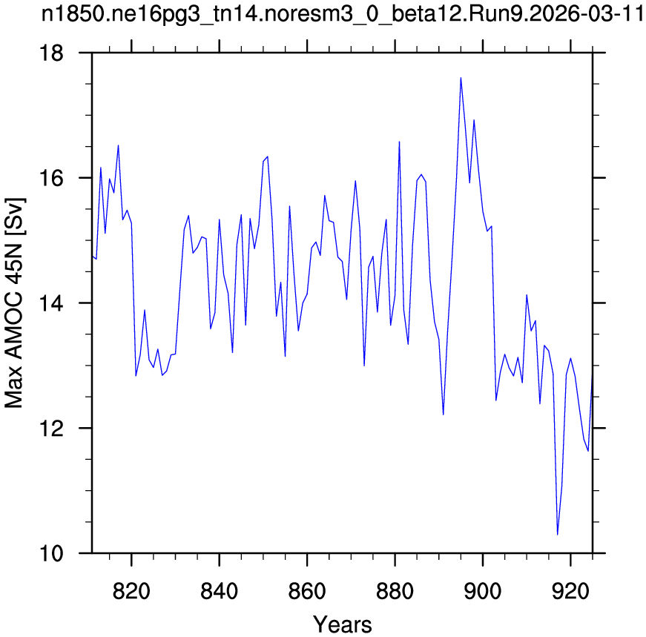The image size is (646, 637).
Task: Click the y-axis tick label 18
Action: pyautogui.click(x=51, y=53)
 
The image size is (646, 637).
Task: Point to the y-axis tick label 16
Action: pyautogui.click(x=51, y=179)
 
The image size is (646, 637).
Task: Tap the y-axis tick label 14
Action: pyautogui.click(x=51, y=303)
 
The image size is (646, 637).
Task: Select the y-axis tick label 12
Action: pyautogui.click(x=51, y=429)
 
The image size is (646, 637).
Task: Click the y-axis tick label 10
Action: pyautogui.click(x=51, y=554)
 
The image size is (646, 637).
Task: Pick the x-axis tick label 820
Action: pyautogui.click(x=131, y=592)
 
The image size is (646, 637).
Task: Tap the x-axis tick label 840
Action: pyautogui.click(x=220, y=592)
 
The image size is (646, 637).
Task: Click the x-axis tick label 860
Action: pyautogui.click(x=307, y=592)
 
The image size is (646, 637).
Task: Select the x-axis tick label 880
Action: pyautogui.click(x=395, y=592)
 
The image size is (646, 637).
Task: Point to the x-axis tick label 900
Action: pyautogui.click(x=482, y=592)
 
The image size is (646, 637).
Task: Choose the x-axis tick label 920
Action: pyautogui.click(x=570, y=592)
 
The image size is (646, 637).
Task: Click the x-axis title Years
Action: pyautogui.click(x=343, y=624)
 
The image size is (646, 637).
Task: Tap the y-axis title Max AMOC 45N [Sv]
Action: pyautogui.click(x=15, y=303)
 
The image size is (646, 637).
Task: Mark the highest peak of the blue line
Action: pyautogui.click(x=461, y=77)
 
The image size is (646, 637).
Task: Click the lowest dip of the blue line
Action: pyautogui.click(x=558, y=535)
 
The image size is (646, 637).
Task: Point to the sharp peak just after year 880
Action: pyautogui.click(x=399, y=142)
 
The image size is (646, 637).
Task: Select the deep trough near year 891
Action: pyautogui.click(x=444, y=415)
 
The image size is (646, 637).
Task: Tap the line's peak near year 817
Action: pyautogui.click(x=118, y=145)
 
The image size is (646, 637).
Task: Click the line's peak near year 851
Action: pyautogui.click(x=268, y=156)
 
